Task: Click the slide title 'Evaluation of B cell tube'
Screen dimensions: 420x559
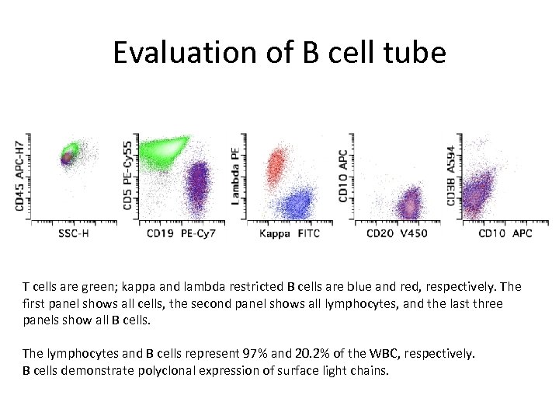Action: [279, 53]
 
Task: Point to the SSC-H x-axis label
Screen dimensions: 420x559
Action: [74, 233]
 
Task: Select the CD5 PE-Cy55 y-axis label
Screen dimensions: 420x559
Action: [128, 173]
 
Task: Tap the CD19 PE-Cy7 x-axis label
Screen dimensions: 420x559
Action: [182, 233]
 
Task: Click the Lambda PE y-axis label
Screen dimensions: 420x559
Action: [235, 175]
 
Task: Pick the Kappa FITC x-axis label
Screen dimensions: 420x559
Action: [290, 233]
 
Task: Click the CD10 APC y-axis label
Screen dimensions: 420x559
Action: [343, 177]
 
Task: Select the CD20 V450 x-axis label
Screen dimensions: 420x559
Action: [397, 233]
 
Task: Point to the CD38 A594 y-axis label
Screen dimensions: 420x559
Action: [451, 176]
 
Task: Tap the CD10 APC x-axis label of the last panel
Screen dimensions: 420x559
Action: [505, 233]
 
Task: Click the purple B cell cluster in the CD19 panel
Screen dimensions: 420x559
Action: [200, 187]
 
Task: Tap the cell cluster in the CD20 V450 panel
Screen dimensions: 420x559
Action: [408, 205]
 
